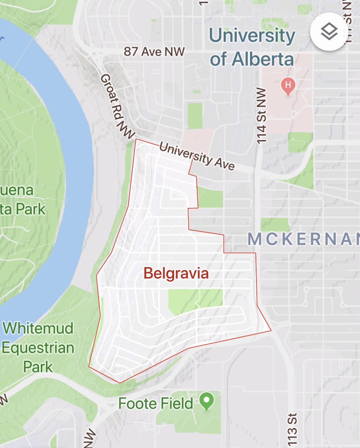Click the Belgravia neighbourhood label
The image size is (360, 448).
[176, 274]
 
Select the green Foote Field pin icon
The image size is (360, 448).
[206, 401]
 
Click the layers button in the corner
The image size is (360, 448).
[329, 32]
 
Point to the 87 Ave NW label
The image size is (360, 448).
[154, 51]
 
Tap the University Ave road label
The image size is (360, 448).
[197, 156]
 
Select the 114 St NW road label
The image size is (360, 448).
[261, 115]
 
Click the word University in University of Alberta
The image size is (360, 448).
[252, 35]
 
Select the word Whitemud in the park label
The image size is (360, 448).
[38, 328]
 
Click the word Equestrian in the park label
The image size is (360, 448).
[38, 348]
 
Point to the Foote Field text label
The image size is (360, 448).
[156, 404]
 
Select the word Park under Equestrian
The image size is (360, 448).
[38, 367]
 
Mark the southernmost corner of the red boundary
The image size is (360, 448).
[120, 383]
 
